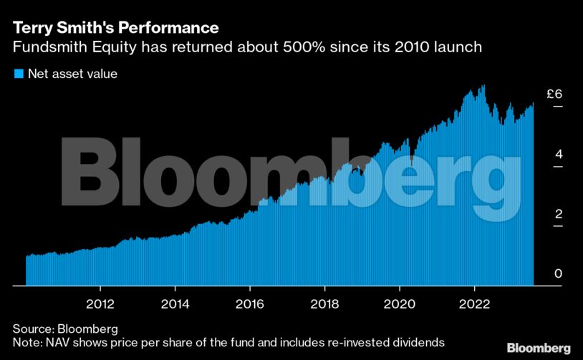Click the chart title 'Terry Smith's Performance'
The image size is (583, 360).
(x=115, y=29)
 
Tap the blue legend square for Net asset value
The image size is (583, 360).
(x=19, y=74)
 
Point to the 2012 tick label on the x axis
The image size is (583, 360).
(x=101, y=303)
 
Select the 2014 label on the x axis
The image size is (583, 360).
(x=175, y=303)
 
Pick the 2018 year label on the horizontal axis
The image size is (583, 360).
(x=324, y=303)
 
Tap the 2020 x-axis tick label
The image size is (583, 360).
(x=399, y=303)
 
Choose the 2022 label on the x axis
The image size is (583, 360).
(x=474, y=303)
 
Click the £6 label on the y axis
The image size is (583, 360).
(x=554, y=94)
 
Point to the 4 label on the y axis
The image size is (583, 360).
(x=558, y=155)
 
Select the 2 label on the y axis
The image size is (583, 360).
(x=558, y=215)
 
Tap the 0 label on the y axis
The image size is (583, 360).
(x=558, y=274)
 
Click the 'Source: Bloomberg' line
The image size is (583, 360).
(x=65, y=329)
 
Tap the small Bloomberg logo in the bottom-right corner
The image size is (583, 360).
(x=539, y=348)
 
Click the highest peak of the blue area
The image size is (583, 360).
(x=483, y=86)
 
